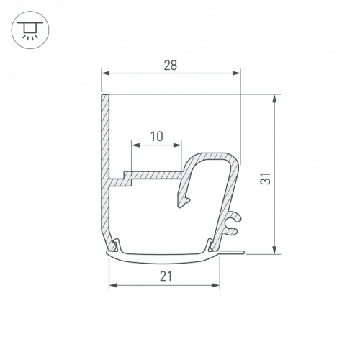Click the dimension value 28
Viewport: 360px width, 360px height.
pyautogui.click(x=170, y=65)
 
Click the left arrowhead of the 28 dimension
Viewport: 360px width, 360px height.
pyautogui.click(x=104, y=73)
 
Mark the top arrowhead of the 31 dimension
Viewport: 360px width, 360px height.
pyautogui.click(x=274, y=99)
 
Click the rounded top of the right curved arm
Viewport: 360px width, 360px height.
pyautogui.click(x=216, y=156)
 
